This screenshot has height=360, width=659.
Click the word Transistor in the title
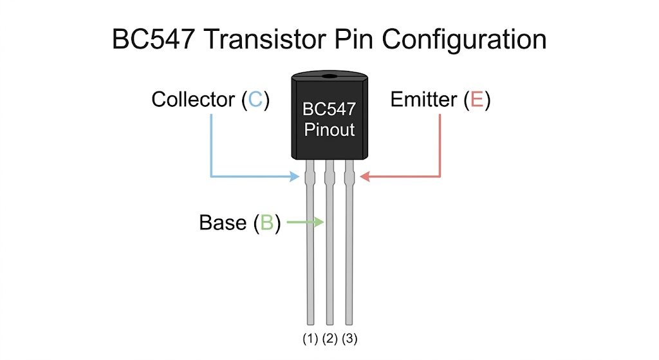266,39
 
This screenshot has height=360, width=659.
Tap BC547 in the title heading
153,39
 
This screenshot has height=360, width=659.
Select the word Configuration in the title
464,41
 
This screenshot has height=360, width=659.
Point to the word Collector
193,100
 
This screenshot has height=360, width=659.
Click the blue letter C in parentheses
255,100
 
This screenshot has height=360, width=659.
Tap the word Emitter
423,100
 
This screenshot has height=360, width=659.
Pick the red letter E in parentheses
477,100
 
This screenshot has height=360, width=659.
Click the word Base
223,222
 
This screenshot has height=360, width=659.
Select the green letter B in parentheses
267,222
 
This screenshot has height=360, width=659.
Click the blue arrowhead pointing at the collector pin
295,176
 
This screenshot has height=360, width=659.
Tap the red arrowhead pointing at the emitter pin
365,176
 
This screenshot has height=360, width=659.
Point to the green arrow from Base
305,222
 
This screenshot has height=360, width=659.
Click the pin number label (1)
310,339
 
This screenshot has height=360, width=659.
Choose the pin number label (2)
330,339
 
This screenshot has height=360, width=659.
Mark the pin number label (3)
349,339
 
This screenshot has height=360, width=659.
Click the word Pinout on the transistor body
329,129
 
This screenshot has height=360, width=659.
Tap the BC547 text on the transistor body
329,109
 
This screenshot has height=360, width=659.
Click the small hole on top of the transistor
330,77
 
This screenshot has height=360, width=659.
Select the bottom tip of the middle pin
330,324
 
